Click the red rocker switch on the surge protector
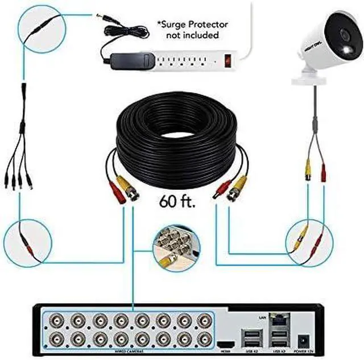coord(228,59)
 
